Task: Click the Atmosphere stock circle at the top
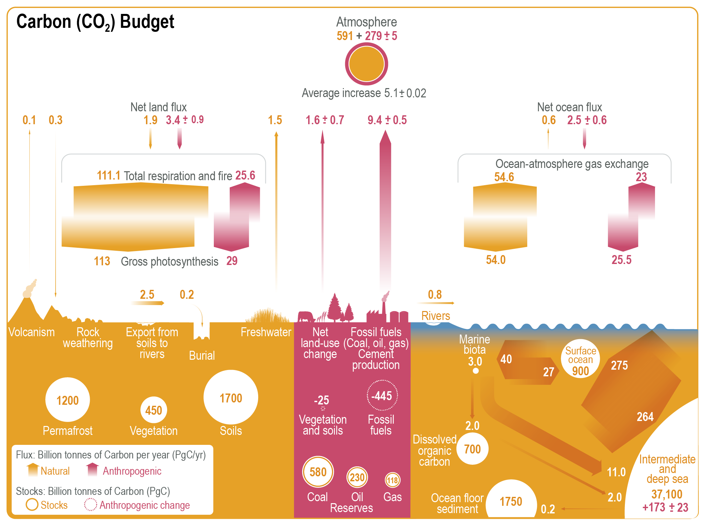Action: (x=366, y=64)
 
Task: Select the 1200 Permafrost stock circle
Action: (x=68, y=400)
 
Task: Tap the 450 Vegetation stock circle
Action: (x=154, y=410)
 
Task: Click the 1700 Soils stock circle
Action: (x=231, y=397)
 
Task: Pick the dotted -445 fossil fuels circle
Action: (x=382, y=395)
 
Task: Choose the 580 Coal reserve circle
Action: (x=318, y=472)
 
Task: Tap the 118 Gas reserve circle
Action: (x=393, y=480)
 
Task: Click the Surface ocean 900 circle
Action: (x=580, y=359)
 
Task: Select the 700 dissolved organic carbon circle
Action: (x=472, y=449)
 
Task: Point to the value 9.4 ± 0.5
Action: (x=387, y=120)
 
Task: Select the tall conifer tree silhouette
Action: (x=335, y=306)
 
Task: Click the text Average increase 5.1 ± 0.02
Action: (x=364, y=93)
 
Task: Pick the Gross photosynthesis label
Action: (x=169, y=261)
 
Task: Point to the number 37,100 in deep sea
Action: (x=667, y=494)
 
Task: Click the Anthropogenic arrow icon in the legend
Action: (x=92, y=469)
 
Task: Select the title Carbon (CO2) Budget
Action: (x=95, y=22)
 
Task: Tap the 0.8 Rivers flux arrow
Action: (x=436, y=303)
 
